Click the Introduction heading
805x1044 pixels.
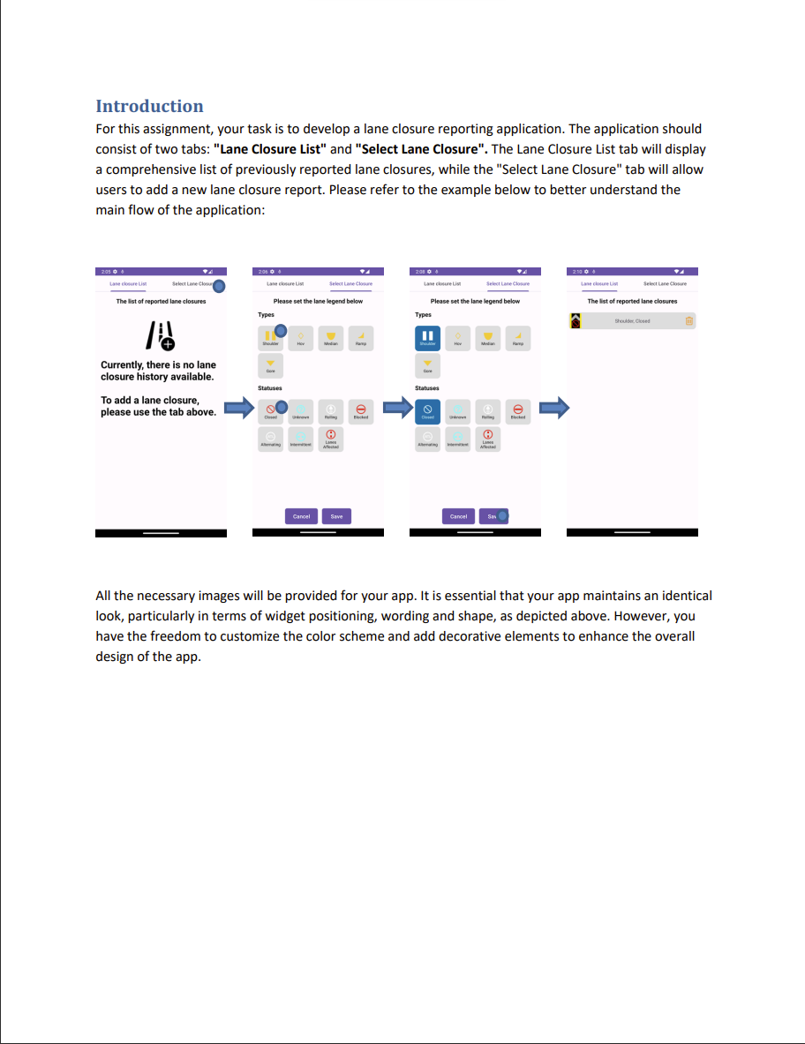(149, 107)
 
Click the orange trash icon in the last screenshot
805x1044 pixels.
(689, 321)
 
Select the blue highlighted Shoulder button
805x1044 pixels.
(427, 338)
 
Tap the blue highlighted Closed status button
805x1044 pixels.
(427, 411)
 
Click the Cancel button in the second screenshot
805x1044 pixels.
(301, 516)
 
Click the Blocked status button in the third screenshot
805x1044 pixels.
(518, 411)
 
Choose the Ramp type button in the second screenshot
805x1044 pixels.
(361, 338)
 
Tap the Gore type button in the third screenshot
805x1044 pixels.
(427, 366)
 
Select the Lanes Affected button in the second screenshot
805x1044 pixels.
(331, 439)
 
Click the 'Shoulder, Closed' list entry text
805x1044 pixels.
(632, 321)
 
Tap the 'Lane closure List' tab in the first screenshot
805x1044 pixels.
(128, 284)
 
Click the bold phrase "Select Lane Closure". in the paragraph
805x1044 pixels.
(421, 149)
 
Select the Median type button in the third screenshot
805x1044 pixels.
(488, 338)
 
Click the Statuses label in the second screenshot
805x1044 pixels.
(269, 388)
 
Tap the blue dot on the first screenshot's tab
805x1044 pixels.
(219, 285)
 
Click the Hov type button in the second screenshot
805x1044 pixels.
(301, 338)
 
